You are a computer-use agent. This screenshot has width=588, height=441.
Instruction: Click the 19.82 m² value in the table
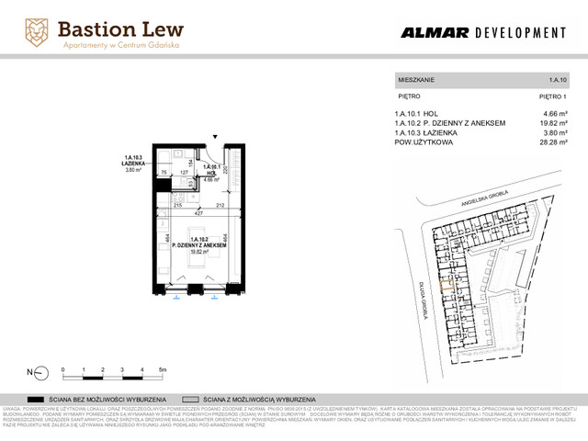(551, 123)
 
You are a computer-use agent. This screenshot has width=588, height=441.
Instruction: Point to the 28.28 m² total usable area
(551, 142)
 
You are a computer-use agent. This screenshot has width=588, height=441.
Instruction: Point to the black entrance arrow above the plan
(217, 135)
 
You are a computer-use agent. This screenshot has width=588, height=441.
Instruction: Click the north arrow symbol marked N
(31, 372)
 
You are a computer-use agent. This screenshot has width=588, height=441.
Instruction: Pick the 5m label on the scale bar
(162, 368)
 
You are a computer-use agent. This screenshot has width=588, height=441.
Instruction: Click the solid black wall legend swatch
(37, 400)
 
